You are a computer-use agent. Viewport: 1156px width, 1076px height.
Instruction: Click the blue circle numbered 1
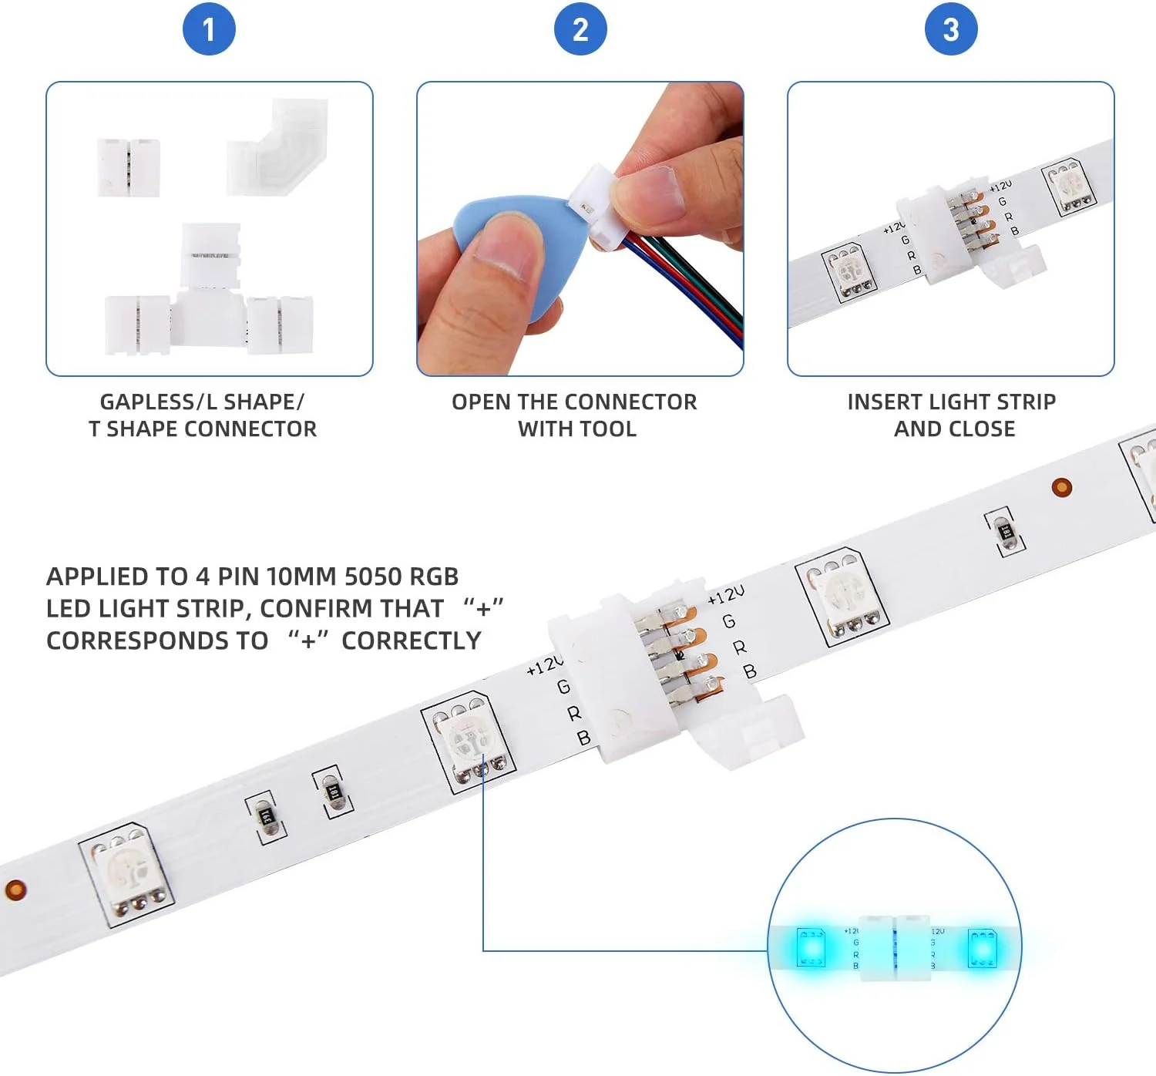209,29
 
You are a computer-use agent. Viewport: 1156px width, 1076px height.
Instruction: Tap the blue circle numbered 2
580,29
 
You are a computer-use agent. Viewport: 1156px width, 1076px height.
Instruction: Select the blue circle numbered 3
951,29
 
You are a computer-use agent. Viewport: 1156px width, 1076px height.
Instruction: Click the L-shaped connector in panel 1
277,146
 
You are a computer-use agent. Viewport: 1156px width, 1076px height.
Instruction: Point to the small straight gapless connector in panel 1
128,167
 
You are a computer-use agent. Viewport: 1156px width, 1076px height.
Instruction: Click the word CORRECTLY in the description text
412,641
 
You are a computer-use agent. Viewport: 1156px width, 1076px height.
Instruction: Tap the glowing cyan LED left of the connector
810,947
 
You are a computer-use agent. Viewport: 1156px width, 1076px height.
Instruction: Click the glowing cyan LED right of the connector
983,948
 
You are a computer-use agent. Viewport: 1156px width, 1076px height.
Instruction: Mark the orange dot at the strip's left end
15,889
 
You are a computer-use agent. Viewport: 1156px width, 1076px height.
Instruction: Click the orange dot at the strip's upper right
1062,487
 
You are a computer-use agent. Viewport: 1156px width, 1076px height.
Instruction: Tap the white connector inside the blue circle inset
896,948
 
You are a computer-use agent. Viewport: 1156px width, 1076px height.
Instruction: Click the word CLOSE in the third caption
983,429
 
